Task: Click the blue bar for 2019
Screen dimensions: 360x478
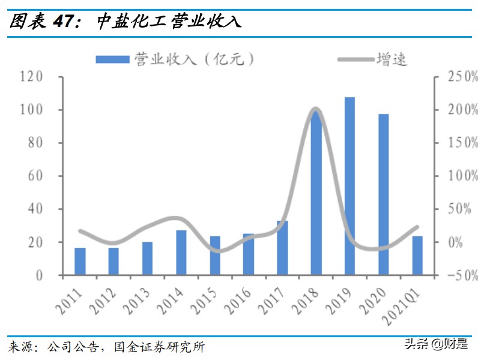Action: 349,186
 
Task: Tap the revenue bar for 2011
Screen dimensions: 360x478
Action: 80,261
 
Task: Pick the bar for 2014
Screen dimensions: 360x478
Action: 181,252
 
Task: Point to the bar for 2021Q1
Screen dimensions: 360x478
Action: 417,255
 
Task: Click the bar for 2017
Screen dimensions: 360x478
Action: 282,248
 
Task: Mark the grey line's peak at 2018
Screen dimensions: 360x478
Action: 316,109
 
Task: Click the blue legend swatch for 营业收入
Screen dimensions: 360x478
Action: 112,59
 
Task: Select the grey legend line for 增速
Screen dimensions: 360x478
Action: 354,59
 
